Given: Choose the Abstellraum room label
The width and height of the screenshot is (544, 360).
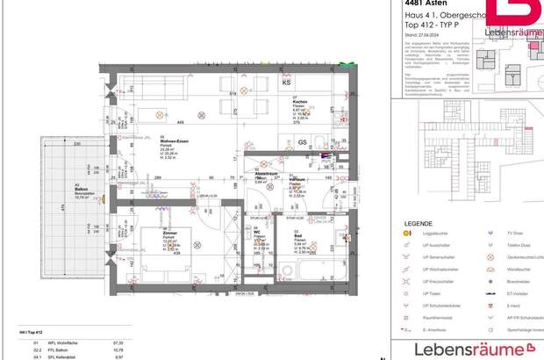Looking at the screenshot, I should coord(266,173).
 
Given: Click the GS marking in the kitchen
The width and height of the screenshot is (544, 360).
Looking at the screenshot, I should coord(302,141).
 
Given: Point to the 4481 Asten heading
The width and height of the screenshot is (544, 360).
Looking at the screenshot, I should coord(421,4).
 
